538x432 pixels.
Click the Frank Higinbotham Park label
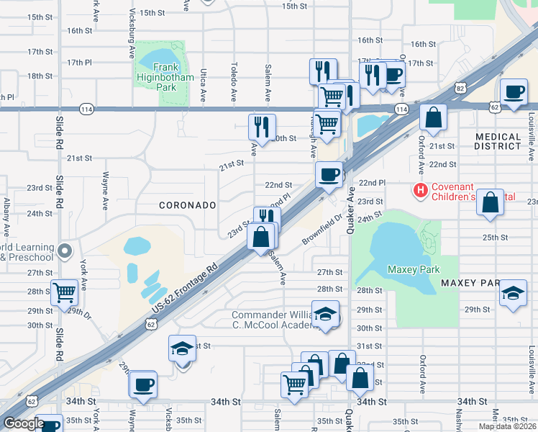[x=155, y=77]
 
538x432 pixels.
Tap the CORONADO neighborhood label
[x=188, y=205]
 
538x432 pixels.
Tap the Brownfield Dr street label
[x=323, y=229]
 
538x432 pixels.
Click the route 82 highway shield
[x=460, y=87]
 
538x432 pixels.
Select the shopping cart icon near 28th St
[x=65, y=292]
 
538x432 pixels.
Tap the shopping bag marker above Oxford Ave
[x=434, y=117]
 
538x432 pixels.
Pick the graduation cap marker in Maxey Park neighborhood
[x=513, y=293]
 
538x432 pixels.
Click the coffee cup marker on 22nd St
[x=329, y=175]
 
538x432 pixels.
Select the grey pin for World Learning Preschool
[x=65, y=251]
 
